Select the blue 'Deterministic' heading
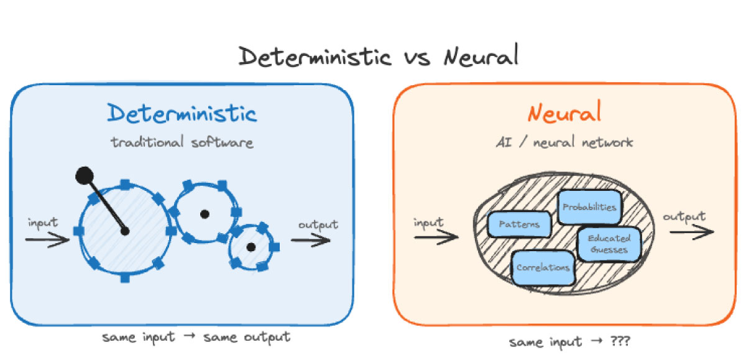pos(182,114)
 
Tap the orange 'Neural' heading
pos(564,114)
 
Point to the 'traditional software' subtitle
pos(182,142)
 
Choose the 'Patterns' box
pos(519,224)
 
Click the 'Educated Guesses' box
pos(609,244)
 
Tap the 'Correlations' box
pos(543,267)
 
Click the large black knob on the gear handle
pos(85,175)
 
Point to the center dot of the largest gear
pos(124,231)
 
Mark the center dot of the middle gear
pos(204,214)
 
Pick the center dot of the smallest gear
pos(251,247)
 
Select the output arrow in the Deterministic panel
pos(311,240)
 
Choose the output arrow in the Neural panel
pos(691,231)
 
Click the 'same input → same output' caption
pos(196,337)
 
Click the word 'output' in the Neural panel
pos(684,216)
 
